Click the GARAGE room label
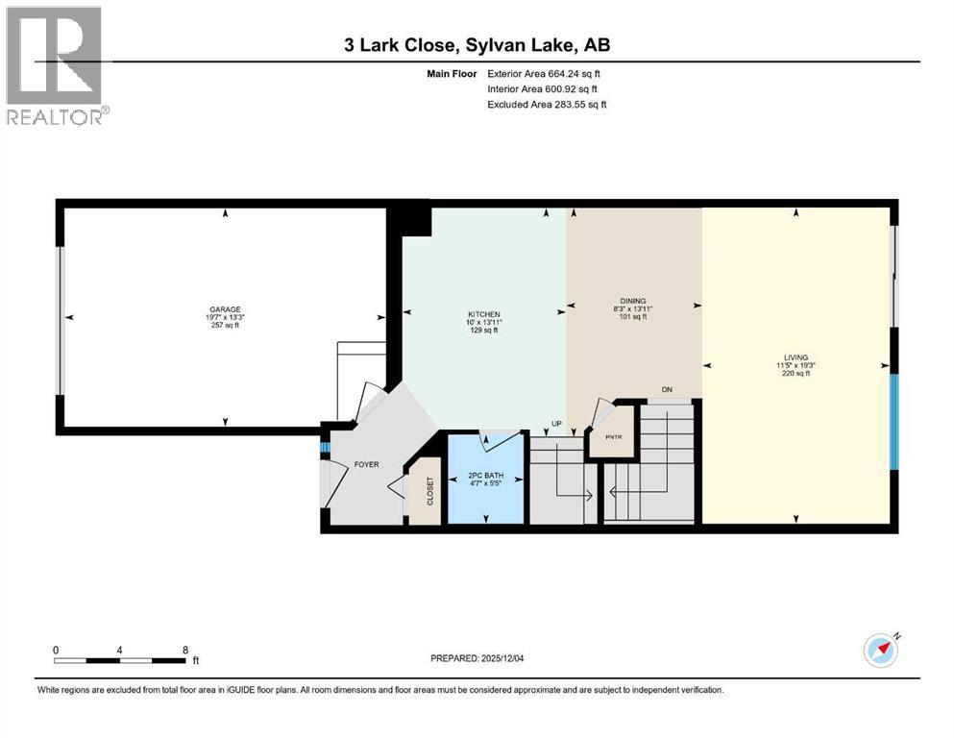[x=225, y=309]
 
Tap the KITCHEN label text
[x=482, y=314]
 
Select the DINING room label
[x=632, y=300]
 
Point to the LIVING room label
[x=795, y=357]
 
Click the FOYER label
[x=366, y=464]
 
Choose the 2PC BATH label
[x=486, y=476]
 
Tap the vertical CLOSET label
[x=429, y=493]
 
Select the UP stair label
[x=555, y=424]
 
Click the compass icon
[x=880, y=651]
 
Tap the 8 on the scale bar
[x=184, y=650]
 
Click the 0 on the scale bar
[x=57, y=650]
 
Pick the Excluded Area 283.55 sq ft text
[x=547, y=104]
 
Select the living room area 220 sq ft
[x=795, y=374]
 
